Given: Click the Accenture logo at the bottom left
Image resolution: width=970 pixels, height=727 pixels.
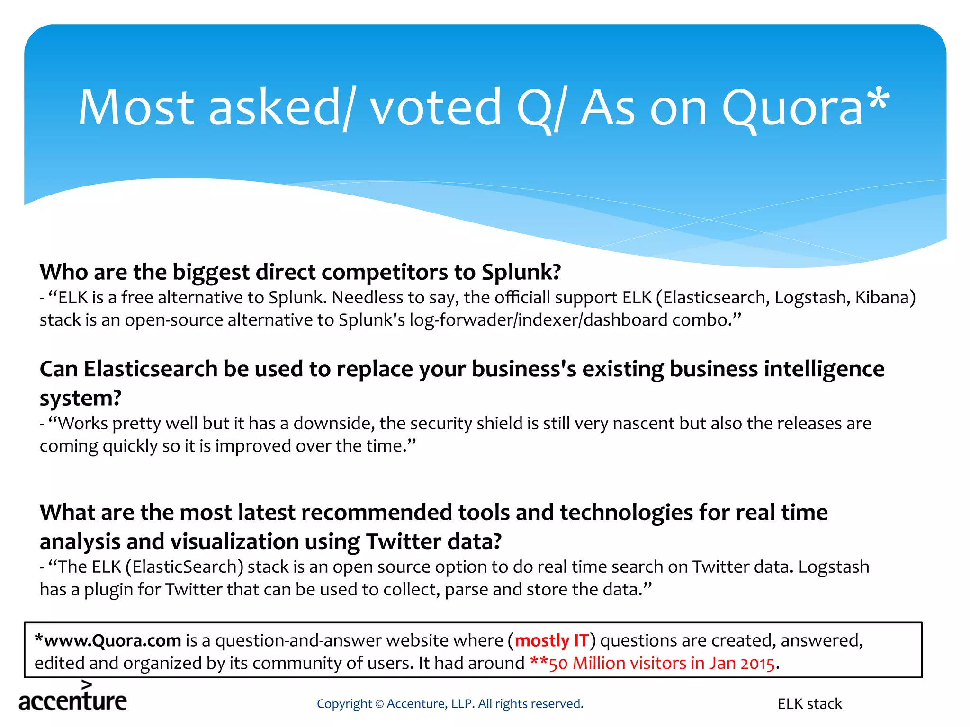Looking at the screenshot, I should coord(73,698).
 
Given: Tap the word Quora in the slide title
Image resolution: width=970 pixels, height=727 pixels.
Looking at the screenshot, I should coord(792,109).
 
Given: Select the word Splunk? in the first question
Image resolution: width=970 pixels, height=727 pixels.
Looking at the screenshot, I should coord(521,272).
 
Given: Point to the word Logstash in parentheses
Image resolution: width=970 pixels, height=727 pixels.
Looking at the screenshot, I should coord(808,298).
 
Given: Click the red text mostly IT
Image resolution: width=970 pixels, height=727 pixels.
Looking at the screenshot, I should coord(551,641).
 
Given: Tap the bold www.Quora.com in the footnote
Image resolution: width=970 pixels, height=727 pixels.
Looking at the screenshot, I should coord(112,641).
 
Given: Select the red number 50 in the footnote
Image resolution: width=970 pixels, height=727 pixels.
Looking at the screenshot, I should coord(558,664).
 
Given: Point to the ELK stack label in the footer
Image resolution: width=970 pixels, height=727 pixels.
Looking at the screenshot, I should coord(809,704).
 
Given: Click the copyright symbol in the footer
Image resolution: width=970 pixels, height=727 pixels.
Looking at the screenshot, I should coord(379,704).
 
